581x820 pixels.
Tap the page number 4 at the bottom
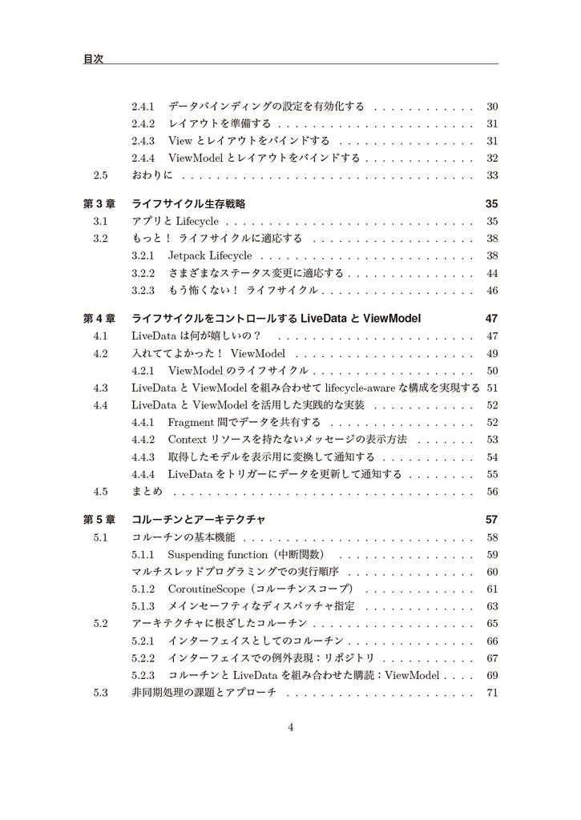click(291, 727)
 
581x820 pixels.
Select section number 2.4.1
click(143, 106)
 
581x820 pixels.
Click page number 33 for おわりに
click(492, 175)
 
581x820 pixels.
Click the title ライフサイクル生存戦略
click(188, 204)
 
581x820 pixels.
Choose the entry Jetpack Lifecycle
click(210, 255)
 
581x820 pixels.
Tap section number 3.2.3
click(143, 290)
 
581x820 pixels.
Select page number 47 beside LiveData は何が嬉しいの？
click(492, 336)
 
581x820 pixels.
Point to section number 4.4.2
click(143, 440)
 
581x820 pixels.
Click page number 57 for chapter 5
click(492, 520)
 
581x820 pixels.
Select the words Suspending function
click(217, 554)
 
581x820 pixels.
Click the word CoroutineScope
click(206, 589)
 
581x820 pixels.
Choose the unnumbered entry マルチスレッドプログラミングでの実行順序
click(235, 572)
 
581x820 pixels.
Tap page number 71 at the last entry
click(492, 693)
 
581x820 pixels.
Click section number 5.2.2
click(143, 658)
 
